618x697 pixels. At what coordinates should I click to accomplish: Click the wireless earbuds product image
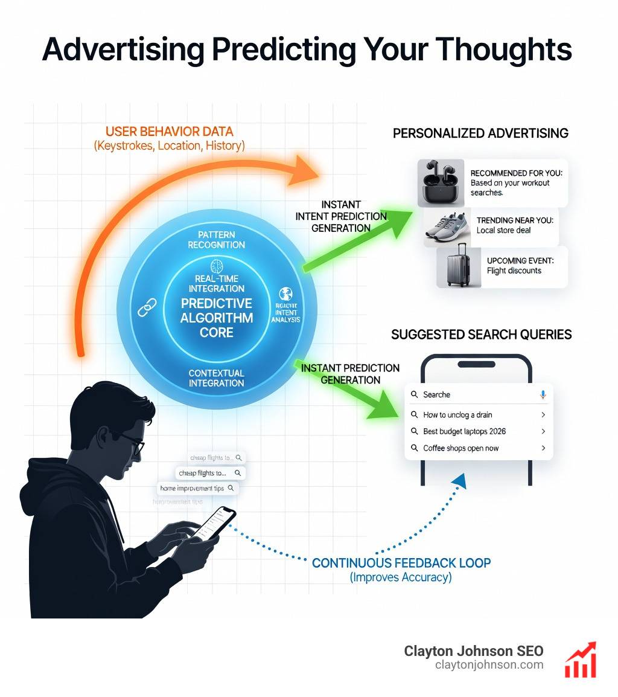point(441,183)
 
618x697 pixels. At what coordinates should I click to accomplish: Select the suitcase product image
point(459,266)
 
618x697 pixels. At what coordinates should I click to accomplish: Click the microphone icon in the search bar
point(543,394)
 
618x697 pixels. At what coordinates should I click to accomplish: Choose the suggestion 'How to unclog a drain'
point(457,415)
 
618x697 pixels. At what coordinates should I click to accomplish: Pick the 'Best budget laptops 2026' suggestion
point(464,431)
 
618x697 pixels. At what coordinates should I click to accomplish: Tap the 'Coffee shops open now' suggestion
point(460,448)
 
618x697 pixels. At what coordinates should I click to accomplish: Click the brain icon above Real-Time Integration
point(217,266)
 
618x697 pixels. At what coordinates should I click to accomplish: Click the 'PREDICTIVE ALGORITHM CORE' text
point(217,318)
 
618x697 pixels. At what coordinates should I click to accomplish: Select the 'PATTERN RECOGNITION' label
point(217,240)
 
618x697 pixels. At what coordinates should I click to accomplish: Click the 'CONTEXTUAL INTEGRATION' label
point(217,378)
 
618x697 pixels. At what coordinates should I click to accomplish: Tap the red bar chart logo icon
point(580,660)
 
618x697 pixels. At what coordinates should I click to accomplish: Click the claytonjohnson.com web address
point(489,665)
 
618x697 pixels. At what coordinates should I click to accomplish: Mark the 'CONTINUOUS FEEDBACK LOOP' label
point(401,563)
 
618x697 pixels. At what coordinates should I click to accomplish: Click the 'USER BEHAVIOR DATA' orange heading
point(169,132)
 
